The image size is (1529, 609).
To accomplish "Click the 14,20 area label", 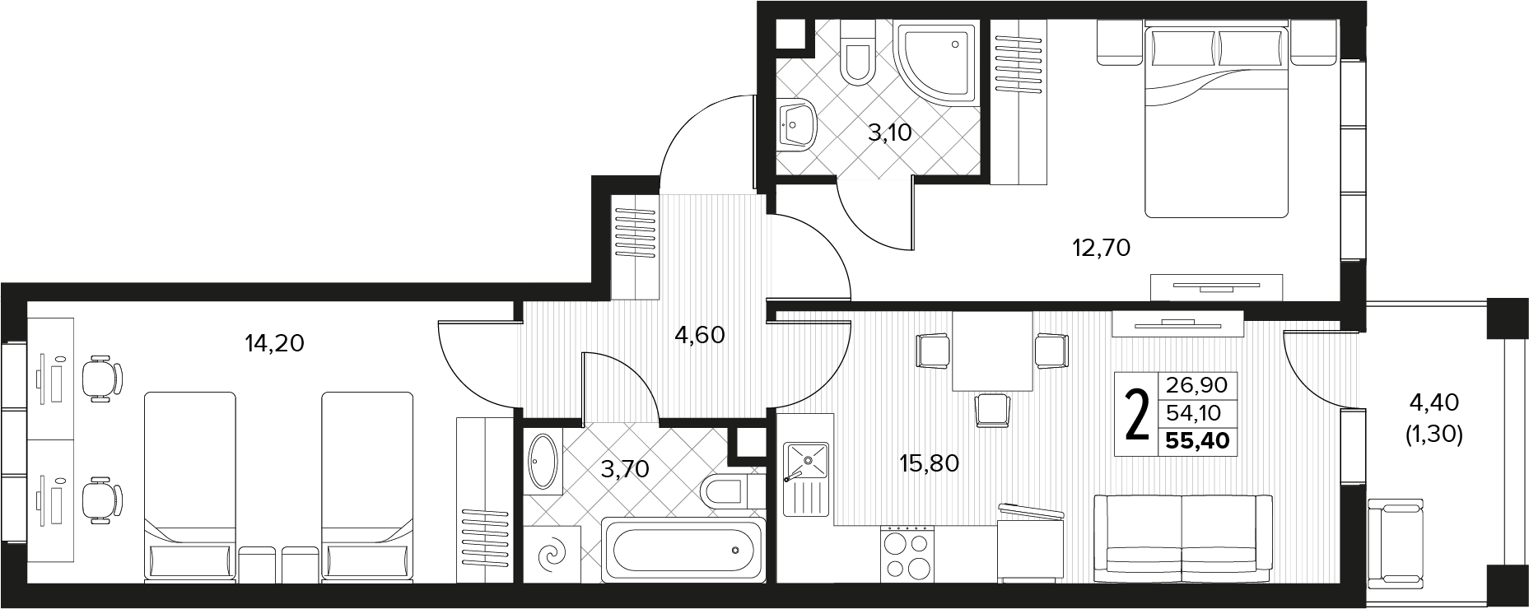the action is (x=275, y=343).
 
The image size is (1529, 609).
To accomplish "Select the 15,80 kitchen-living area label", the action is (x=930, y=463).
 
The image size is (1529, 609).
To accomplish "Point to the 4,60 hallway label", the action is (x=699, y=335).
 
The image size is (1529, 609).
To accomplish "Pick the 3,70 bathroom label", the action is (x=625, y=470).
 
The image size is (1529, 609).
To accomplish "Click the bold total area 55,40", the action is (x=1197, y=441).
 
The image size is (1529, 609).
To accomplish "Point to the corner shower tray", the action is (x=938, y=63).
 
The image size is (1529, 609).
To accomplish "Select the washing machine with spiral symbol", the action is (x=552, y=554).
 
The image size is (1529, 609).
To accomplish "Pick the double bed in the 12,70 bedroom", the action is (x=1215, y=120).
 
